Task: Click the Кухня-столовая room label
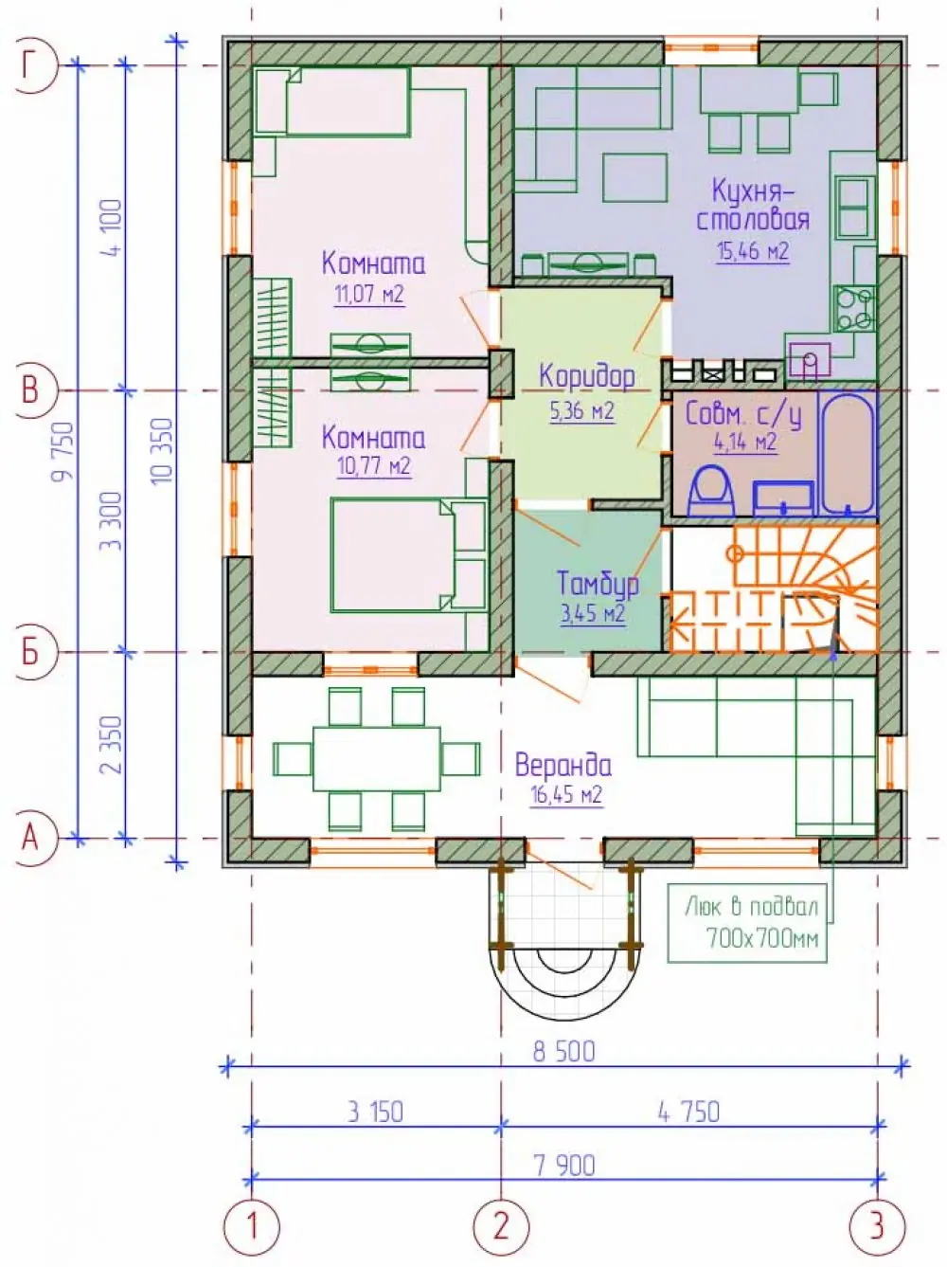pyautogui.click(x=753, y=205)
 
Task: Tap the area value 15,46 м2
pyautogui.click(x=753, y=251)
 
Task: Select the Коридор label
pyautogui.click(x=587, y=376)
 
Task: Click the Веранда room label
pyautogui.click(x=563, y=766)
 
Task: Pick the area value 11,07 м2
pyautogui.click(x=369, y=295)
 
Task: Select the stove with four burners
pyautogui.click(x=853, y=308)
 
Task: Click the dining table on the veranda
pyautogui.click(x=377, y=758)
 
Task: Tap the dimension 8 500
pyautogui.click(x=563, y=1052)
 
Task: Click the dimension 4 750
pyautogui.click(x=689, y=1113)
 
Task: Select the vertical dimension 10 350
pyautogui.click(x=164, y=451)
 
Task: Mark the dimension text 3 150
pyautogui.click(x=375, y=1113)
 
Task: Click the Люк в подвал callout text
pyautogui.click(x=752, y=924)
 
